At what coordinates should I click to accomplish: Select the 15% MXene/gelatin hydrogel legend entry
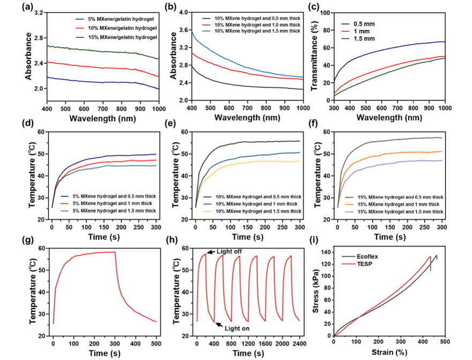(116, 36)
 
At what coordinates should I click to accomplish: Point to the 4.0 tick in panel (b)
(182, 12)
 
